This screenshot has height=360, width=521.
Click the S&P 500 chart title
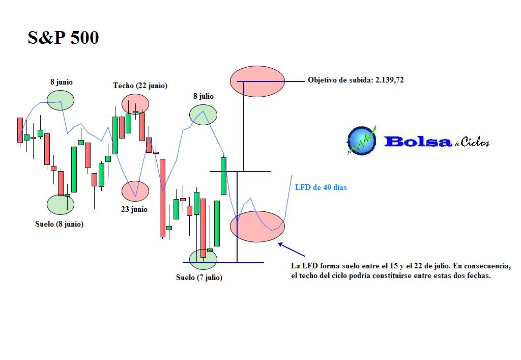63,37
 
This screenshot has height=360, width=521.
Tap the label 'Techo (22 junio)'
140,86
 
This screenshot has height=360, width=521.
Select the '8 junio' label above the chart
62,82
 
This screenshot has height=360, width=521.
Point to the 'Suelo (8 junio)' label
59,224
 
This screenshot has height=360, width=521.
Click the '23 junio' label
134,209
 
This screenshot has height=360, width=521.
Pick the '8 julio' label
204,96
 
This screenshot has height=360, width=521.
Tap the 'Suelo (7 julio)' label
199,278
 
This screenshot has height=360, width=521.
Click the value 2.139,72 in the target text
389,80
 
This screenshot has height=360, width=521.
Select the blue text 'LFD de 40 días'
321,187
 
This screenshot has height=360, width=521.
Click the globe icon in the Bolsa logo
362,141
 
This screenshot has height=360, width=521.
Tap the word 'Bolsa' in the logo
418,142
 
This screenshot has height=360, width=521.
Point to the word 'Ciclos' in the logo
475,142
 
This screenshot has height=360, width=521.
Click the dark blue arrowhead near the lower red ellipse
280,244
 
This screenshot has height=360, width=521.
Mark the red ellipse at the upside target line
257,81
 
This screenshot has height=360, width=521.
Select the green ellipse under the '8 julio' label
204,115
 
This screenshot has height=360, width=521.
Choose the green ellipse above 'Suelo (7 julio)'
203,259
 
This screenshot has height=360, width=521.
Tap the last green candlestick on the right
224,176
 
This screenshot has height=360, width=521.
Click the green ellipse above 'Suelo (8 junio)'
61,204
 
